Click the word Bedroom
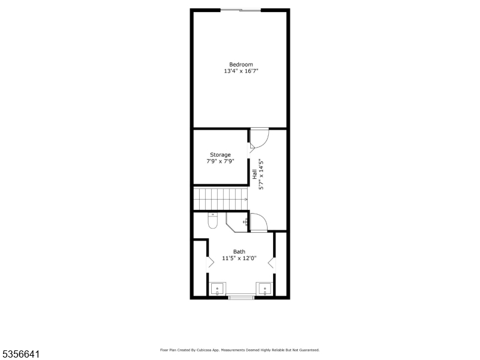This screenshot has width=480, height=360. pos(241,64)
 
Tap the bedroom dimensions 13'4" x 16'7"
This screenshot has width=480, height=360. pos(241,71)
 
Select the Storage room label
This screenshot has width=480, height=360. pos(220,155)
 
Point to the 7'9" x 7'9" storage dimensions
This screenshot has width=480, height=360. pos(220,161)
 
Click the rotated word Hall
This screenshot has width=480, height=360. pos(255,174)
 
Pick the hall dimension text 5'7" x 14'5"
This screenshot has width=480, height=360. pos(261,174)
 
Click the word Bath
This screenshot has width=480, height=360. pos(239,252)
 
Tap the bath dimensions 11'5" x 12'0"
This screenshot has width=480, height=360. pos(239,259)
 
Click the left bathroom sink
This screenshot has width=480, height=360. pos(217,289)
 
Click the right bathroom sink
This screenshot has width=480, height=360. pos(265,289)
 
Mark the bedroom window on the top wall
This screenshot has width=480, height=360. pos(241,10)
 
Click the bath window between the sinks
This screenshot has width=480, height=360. pos(241,296)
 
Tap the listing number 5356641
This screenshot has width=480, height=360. pos(20,354)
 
